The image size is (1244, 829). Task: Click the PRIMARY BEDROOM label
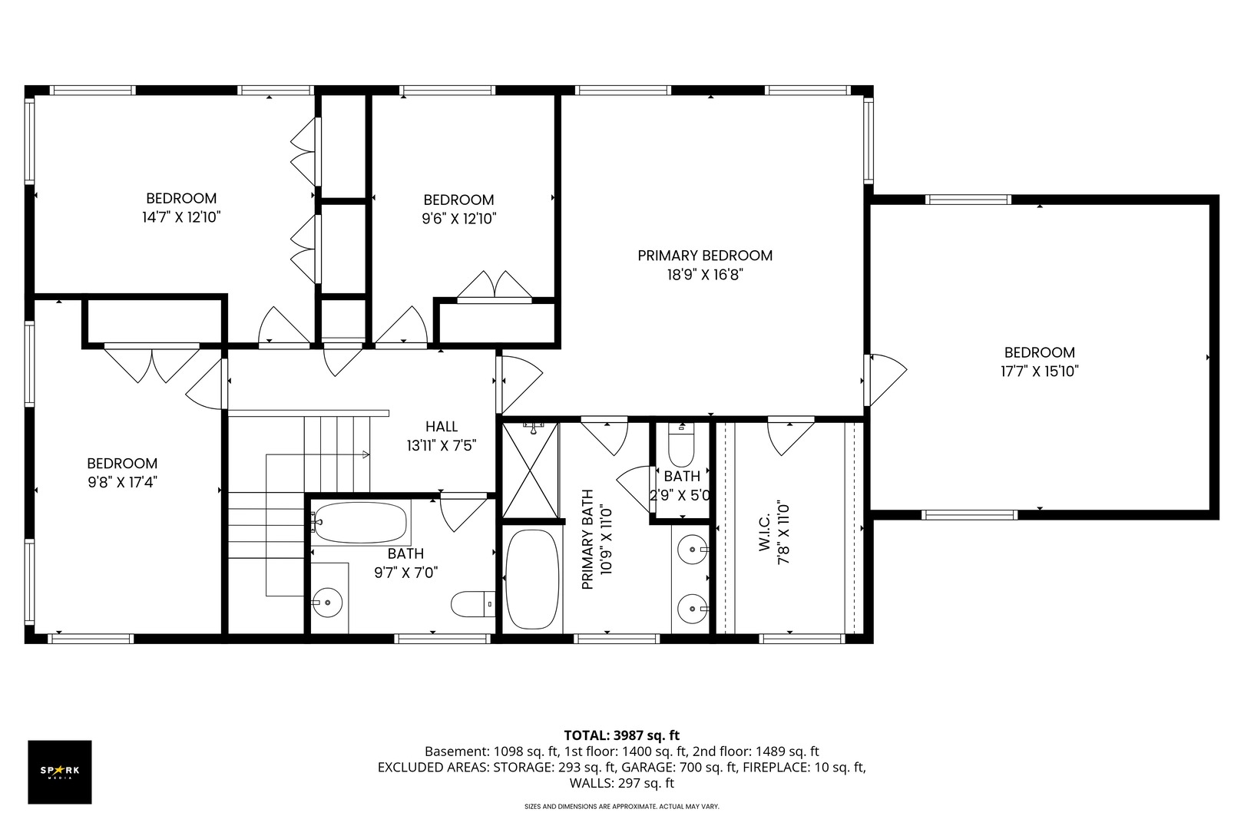point(705,256)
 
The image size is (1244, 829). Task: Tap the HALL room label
point(442,427)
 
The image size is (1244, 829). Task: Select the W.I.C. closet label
point(765,532)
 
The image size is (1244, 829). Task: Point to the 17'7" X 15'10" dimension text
point(1040,372)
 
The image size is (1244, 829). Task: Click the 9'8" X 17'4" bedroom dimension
point(123,482)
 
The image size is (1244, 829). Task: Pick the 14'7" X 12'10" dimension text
point(181,217)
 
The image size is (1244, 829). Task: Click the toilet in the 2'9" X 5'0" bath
point(681,444)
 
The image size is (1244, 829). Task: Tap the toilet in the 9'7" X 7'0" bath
point(472,604)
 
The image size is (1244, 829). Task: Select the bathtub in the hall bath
point(360,523)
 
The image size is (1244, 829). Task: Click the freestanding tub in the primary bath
point(532,579)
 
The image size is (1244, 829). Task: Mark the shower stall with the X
point(531,471)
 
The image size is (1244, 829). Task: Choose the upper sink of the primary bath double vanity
point(693,549)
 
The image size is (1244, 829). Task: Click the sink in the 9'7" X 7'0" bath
point(327,602)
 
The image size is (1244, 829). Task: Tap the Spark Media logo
point(60,771)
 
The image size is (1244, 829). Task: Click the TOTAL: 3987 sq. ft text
point(621,735)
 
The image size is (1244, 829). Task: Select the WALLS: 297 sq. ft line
point(621,784)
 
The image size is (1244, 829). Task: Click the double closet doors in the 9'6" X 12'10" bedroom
point(495,286)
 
